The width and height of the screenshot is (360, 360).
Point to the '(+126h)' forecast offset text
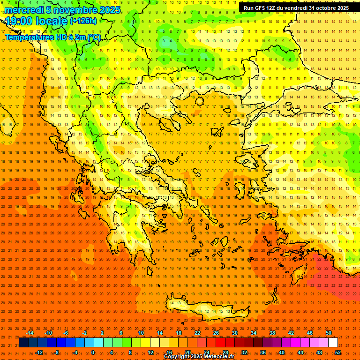tap(83, 21)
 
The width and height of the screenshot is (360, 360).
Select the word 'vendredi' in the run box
tap(294, 8)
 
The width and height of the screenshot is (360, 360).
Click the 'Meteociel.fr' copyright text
tap(216, 357)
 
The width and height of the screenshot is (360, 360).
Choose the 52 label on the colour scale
tap(338, 352)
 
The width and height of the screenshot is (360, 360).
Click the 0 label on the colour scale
tap(93, 352)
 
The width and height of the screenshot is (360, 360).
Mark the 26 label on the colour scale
tap(216, 333)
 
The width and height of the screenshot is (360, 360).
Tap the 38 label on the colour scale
tap(272, 333)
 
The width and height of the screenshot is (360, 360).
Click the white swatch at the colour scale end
tap(333, 343)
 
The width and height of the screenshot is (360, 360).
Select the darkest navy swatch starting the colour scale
tap(24, 343)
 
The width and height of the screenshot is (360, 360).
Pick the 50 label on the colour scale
tap(329, 333)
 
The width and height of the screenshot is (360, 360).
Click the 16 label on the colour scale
tap(169, 352)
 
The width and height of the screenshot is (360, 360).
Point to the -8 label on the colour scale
tap(57, 352)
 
